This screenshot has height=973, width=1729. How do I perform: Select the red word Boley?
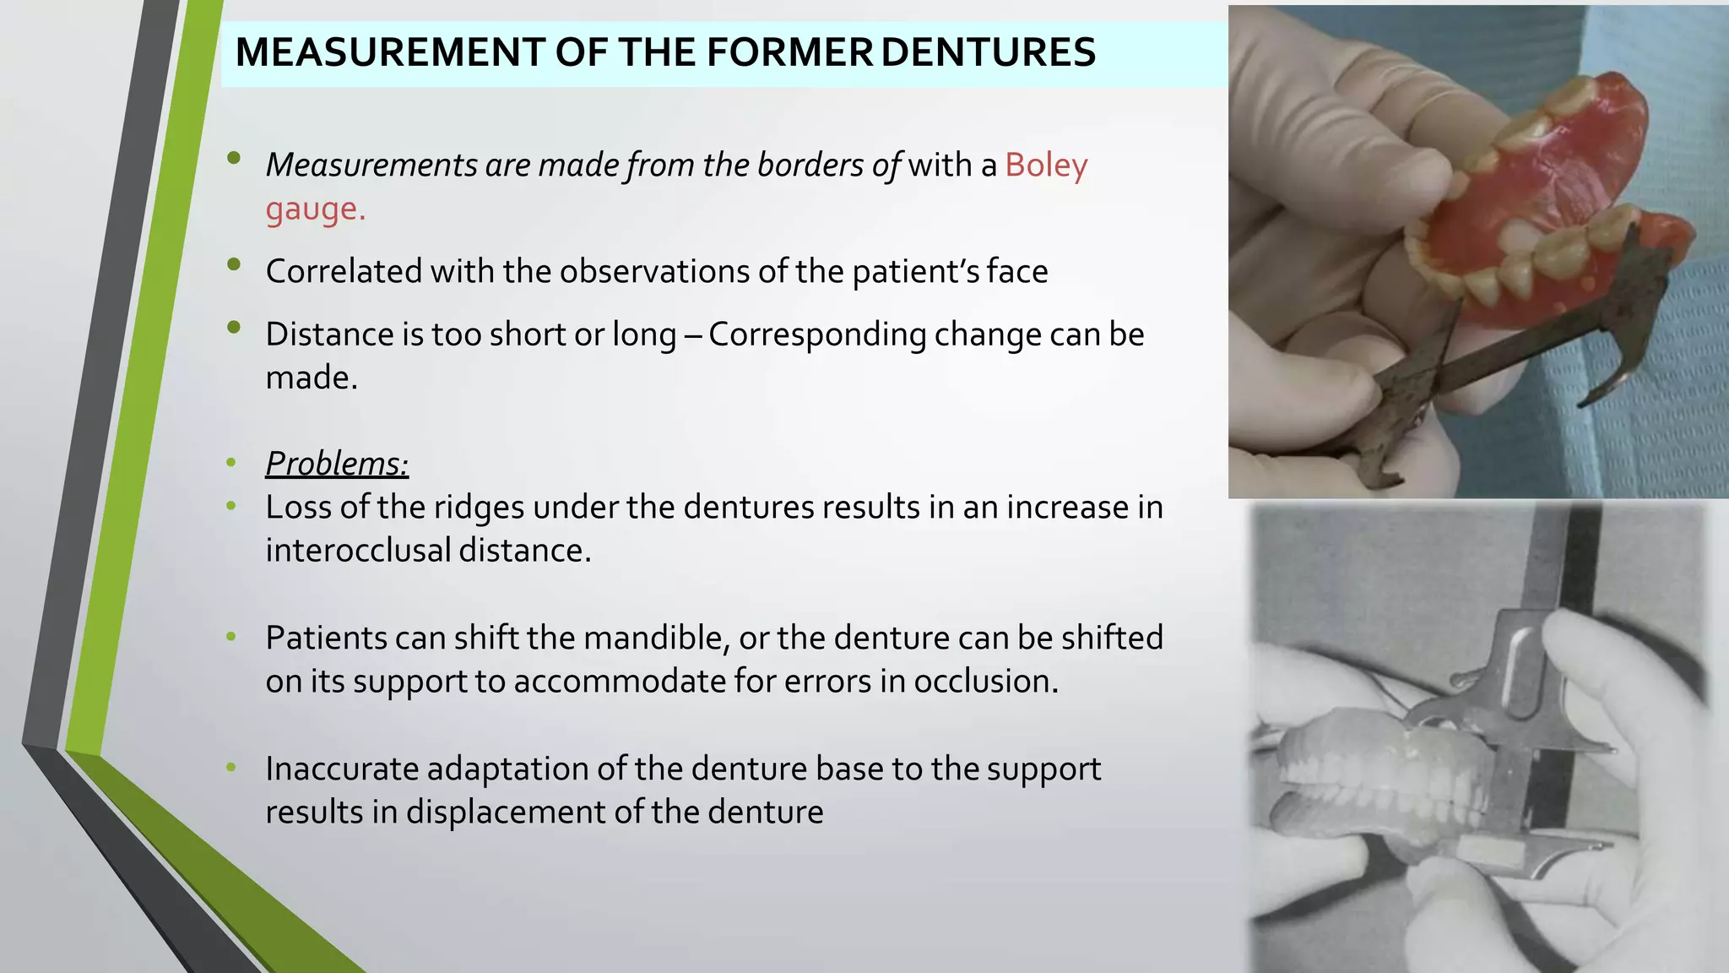tap(1046, 165)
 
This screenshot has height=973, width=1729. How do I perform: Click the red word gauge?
tap(314, 209)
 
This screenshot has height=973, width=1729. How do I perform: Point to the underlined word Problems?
tap(336, 464)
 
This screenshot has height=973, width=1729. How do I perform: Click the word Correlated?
tap(344, 272)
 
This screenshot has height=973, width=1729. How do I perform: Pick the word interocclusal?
tap(357, 551)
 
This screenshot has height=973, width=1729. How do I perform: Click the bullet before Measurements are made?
tap(234, 158)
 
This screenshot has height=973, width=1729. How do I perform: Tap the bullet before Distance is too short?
tap(234, 327)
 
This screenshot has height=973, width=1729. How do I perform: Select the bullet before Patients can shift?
tap(231, 637)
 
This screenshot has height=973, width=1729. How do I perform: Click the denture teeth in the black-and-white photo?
tap(1385, 777)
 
